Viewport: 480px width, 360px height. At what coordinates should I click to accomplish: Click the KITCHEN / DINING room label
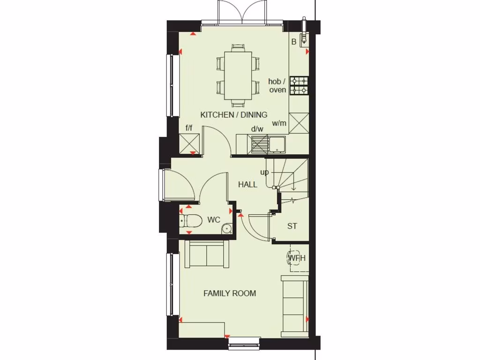234,115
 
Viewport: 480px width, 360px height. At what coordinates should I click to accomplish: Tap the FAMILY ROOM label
230,293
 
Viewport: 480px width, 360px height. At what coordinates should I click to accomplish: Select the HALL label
247,185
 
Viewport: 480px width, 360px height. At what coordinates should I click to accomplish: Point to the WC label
214,220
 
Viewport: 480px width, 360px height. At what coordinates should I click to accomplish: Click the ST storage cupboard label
292,226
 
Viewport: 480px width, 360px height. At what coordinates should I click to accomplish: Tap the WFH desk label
297,258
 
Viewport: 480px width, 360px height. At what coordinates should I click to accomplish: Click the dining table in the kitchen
238,75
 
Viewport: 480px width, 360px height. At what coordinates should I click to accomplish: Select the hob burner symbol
299,85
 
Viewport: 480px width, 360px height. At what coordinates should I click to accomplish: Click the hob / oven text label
277,86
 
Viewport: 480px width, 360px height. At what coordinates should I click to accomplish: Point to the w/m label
279,124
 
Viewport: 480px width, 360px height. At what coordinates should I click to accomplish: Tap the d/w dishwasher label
257,129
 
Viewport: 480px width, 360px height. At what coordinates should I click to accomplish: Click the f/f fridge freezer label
189,127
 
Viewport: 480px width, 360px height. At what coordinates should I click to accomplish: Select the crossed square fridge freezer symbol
189,143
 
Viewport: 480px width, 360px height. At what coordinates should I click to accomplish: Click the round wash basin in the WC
227,229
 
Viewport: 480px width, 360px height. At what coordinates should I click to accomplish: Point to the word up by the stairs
265,172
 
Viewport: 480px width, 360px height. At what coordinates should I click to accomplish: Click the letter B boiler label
294,42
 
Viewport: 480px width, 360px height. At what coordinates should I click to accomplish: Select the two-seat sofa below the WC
206,254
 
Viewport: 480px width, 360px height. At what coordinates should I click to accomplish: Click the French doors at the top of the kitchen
242,12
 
